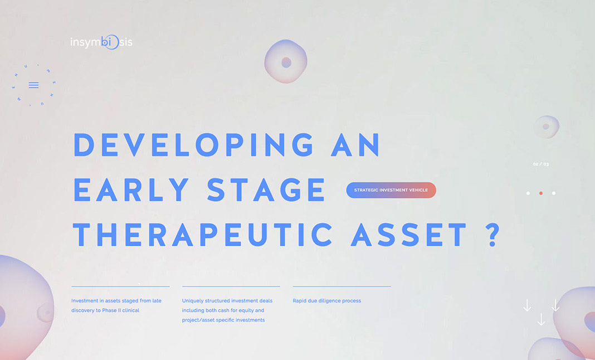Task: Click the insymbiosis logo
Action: click(x=101, y=42)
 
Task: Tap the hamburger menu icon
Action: click(x=34, y=85)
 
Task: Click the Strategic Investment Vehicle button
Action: click(x=391, y=190)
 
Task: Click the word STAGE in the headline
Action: click(x=266, y=189)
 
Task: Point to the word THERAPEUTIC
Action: click(x=203, y=234)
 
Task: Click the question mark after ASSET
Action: click(x=492, y=234)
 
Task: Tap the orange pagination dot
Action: click(x=541, y=193)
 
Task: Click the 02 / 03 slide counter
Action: click(x=541, y=164)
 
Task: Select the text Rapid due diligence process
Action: click(x=326, y=301)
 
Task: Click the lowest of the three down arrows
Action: click(x=541, y=319)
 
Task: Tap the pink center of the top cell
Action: click(x=286, y=62)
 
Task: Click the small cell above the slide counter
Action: click(x=547, y=127)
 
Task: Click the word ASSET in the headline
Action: click(x=408, y=234)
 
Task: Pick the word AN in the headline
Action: click(x=355, y=145)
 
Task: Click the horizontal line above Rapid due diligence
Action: click(x=342, y=286)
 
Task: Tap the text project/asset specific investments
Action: click(x=223, y=320)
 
